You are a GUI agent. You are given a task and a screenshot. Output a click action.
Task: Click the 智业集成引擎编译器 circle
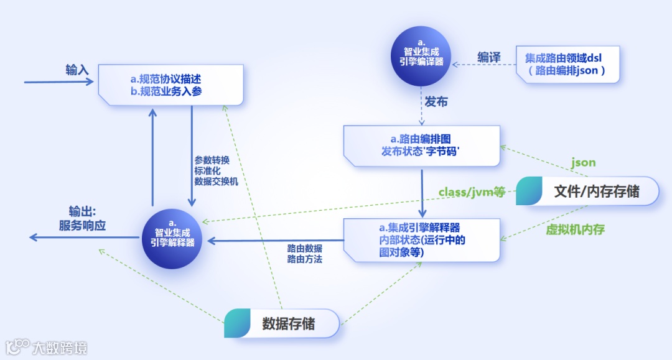pos(421,57)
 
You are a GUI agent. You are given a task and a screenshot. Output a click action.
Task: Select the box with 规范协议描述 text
pos(171,85)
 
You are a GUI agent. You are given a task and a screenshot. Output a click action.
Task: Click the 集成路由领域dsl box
pos(567,64)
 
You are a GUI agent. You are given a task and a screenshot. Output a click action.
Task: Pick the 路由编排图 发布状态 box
pos(422,145)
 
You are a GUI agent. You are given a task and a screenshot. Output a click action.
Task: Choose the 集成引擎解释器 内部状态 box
pos(422,239)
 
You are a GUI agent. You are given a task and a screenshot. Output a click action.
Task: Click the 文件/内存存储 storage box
pos(587,191)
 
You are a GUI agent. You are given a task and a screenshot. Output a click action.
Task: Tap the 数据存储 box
pos(282,323)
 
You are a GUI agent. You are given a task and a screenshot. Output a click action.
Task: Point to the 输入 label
pos(78,70)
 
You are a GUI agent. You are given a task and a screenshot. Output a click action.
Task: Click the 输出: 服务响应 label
pos(82,218)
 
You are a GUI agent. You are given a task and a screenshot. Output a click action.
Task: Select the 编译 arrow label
pos(489,57)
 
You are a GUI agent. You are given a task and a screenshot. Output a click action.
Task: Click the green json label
pos(583,163)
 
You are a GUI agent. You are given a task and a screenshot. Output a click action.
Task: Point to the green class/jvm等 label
pos(472,192)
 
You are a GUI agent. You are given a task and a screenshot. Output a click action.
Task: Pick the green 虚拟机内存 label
pos(576,229)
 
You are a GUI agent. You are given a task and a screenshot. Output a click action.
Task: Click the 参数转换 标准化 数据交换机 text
pos(216,169)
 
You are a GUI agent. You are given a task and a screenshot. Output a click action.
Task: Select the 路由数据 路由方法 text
pos(305,254)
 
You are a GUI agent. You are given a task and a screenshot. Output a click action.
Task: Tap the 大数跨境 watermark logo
pos(47,347)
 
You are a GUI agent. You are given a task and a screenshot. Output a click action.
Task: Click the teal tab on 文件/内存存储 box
pos(530,191)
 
